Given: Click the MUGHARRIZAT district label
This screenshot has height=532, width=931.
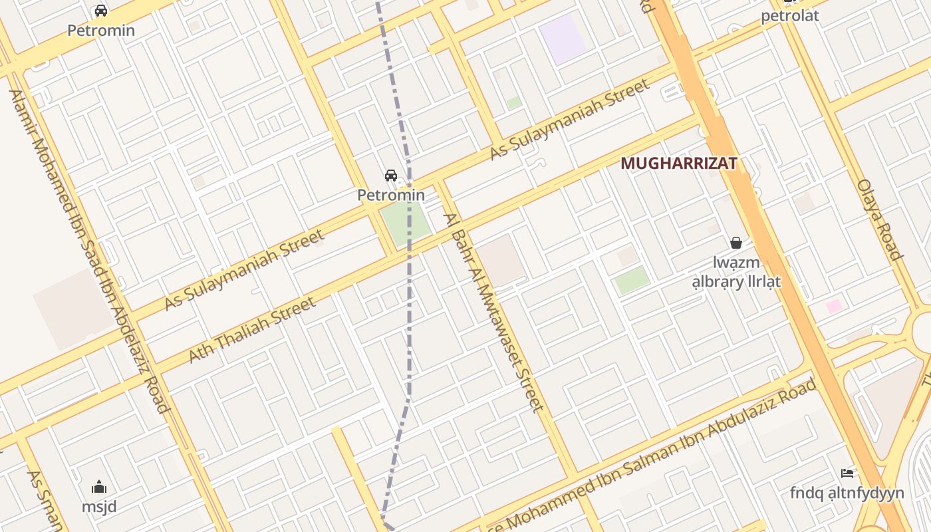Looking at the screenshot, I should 679,164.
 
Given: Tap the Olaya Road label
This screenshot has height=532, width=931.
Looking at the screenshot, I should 879,219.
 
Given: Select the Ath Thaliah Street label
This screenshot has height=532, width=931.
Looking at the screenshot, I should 252,330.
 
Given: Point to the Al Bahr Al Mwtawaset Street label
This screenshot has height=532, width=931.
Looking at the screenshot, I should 495,313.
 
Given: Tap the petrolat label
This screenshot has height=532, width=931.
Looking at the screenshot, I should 790,16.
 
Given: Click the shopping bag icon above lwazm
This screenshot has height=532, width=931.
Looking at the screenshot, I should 736,243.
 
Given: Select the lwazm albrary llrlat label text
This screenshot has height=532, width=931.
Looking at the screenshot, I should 736,273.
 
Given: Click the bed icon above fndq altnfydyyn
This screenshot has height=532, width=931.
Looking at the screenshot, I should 847,473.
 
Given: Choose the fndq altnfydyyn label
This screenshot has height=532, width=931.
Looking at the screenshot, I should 847,493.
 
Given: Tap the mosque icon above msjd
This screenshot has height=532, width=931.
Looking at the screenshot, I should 99,487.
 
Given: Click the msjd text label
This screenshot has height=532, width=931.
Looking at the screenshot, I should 99,507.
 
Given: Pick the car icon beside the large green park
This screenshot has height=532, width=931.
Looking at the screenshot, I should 391,176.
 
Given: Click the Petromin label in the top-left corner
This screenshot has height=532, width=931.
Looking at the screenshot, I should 101,31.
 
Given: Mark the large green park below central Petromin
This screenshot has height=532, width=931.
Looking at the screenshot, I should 405,224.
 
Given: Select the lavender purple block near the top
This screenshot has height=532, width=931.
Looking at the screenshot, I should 563,39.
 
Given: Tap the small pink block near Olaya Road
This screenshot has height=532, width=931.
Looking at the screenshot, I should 834,307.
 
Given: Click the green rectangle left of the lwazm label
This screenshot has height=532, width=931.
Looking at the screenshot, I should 632,280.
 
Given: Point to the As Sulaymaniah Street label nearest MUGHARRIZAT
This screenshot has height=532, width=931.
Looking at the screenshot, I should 569,120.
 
